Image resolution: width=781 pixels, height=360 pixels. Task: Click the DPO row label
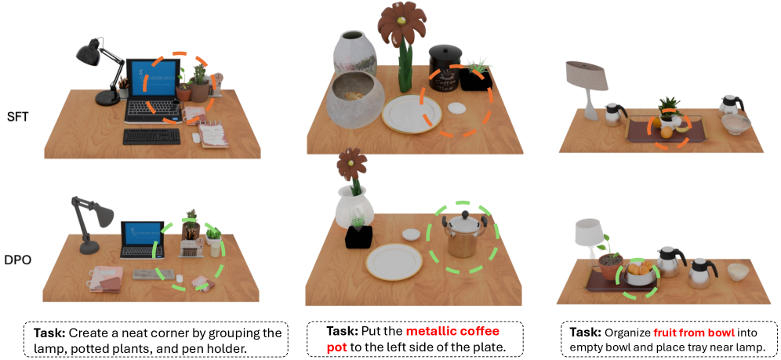click(18, 259)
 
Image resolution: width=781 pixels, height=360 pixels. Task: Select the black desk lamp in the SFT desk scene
click(100, 71)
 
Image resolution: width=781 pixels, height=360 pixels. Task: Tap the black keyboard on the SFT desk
click(151, 136)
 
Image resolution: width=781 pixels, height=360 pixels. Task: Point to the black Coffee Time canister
click(445, 68)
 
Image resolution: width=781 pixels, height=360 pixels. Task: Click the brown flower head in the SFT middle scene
click(402, 23)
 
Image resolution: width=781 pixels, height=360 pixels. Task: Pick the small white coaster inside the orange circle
click(456, 108)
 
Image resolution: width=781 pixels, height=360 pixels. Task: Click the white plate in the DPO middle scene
click(394, 261)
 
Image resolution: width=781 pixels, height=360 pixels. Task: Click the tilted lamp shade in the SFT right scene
click(587, 75)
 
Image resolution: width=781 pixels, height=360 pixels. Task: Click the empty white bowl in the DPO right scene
click(738, 272)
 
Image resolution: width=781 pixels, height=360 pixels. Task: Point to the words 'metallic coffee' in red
click(452, 332)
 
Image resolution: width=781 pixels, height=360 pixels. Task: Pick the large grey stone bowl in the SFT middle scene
click(355, 103)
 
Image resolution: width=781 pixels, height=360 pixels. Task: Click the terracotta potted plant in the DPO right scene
click(611, 263)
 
